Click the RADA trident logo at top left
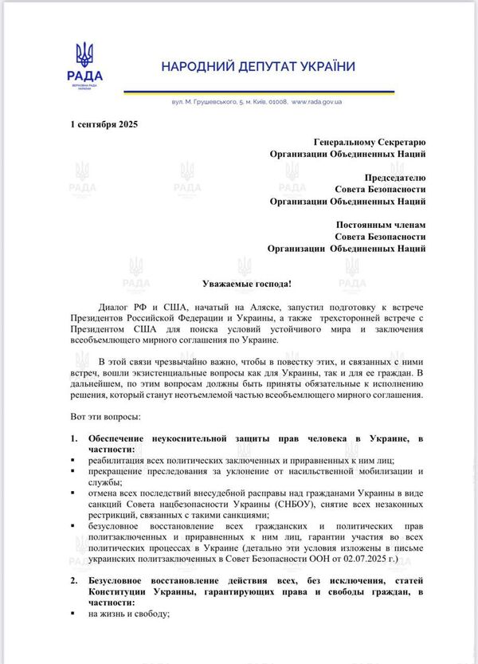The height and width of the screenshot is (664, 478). pyautogui.click(x=84, y=56)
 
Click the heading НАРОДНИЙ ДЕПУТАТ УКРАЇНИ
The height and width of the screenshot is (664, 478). pyautogui.click(x=259, y=66)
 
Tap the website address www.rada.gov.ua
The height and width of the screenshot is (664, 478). pyautogui.click(x=317, y=103)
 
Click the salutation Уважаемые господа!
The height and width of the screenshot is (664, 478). pyautogui.click(x=238, y=283)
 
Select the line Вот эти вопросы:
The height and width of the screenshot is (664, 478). pyautogui.click(x=108, y=417)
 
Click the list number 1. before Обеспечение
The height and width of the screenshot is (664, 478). pyautogui.click(x=74, y=439)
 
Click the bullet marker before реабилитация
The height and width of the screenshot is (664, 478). pyautogui.click(x=73, y=461)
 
